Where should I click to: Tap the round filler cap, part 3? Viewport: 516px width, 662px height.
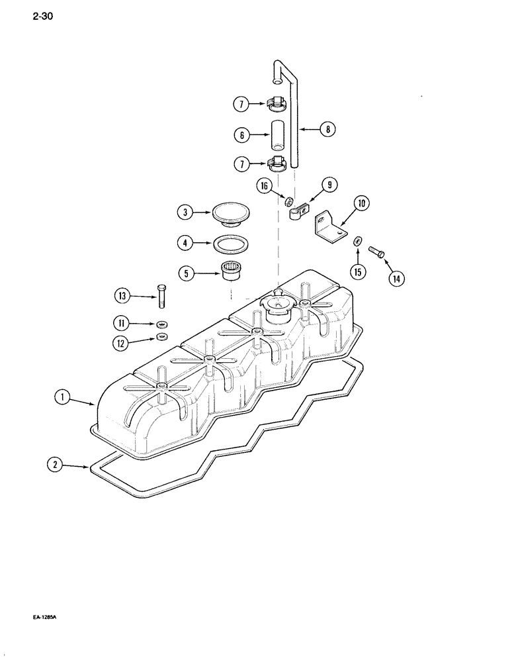click(230, 214)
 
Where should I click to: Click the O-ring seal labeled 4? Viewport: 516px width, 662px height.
click(230, 244)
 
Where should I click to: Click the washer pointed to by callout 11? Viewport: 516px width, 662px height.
click(162, 324)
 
